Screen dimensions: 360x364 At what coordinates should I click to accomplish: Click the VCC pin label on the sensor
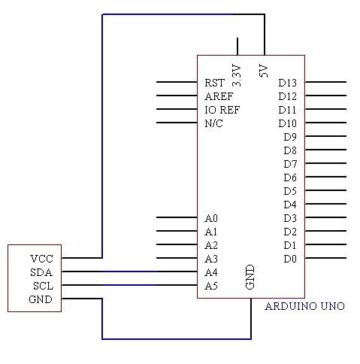click(41, 259)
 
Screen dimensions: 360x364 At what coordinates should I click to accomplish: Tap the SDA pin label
click(41, 272)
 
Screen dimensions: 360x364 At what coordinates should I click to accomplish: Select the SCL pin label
click(43, 286)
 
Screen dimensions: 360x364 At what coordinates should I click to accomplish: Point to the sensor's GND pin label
click(41, 299)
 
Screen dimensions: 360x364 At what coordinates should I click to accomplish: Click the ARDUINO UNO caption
click(305, 306)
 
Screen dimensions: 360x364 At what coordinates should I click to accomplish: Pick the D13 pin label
click(287, 83)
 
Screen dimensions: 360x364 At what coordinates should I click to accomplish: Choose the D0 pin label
click(290, 259)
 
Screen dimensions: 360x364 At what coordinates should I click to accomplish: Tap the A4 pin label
click(211, 272)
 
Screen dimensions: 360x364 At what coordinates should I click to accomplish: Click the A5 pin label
click(211, 286)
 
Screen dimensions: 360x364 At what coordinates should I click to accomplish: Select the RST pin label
click(214, 83)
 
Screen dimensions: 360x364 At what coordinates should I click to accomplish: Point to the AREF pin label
click(219, 96)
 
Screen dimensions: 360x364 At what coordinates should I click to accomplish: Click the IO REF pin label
click(222, 110)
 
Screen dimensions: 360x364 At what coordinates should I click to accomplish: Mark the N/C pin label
click(213, 123)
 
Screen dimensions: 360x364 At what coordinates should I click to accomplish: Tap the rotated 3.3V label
click(237, 76)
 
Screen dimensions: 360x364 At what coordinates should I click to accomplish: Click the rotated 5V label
click(264, 71)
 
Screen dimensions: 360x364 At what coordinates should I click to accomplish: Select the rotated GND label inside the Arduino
click(250, 277)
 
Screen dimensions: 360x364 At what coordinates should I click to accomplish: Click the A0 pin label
click(211, 218)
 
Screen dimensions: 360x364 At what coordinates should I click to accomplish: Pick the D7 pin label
click(290, 164)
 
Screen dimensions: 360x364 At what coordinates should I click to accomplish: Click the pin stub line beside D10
click(325, 123)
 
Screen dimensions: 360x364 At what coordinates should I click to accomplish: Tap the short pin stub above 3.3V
click(237, 47)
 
